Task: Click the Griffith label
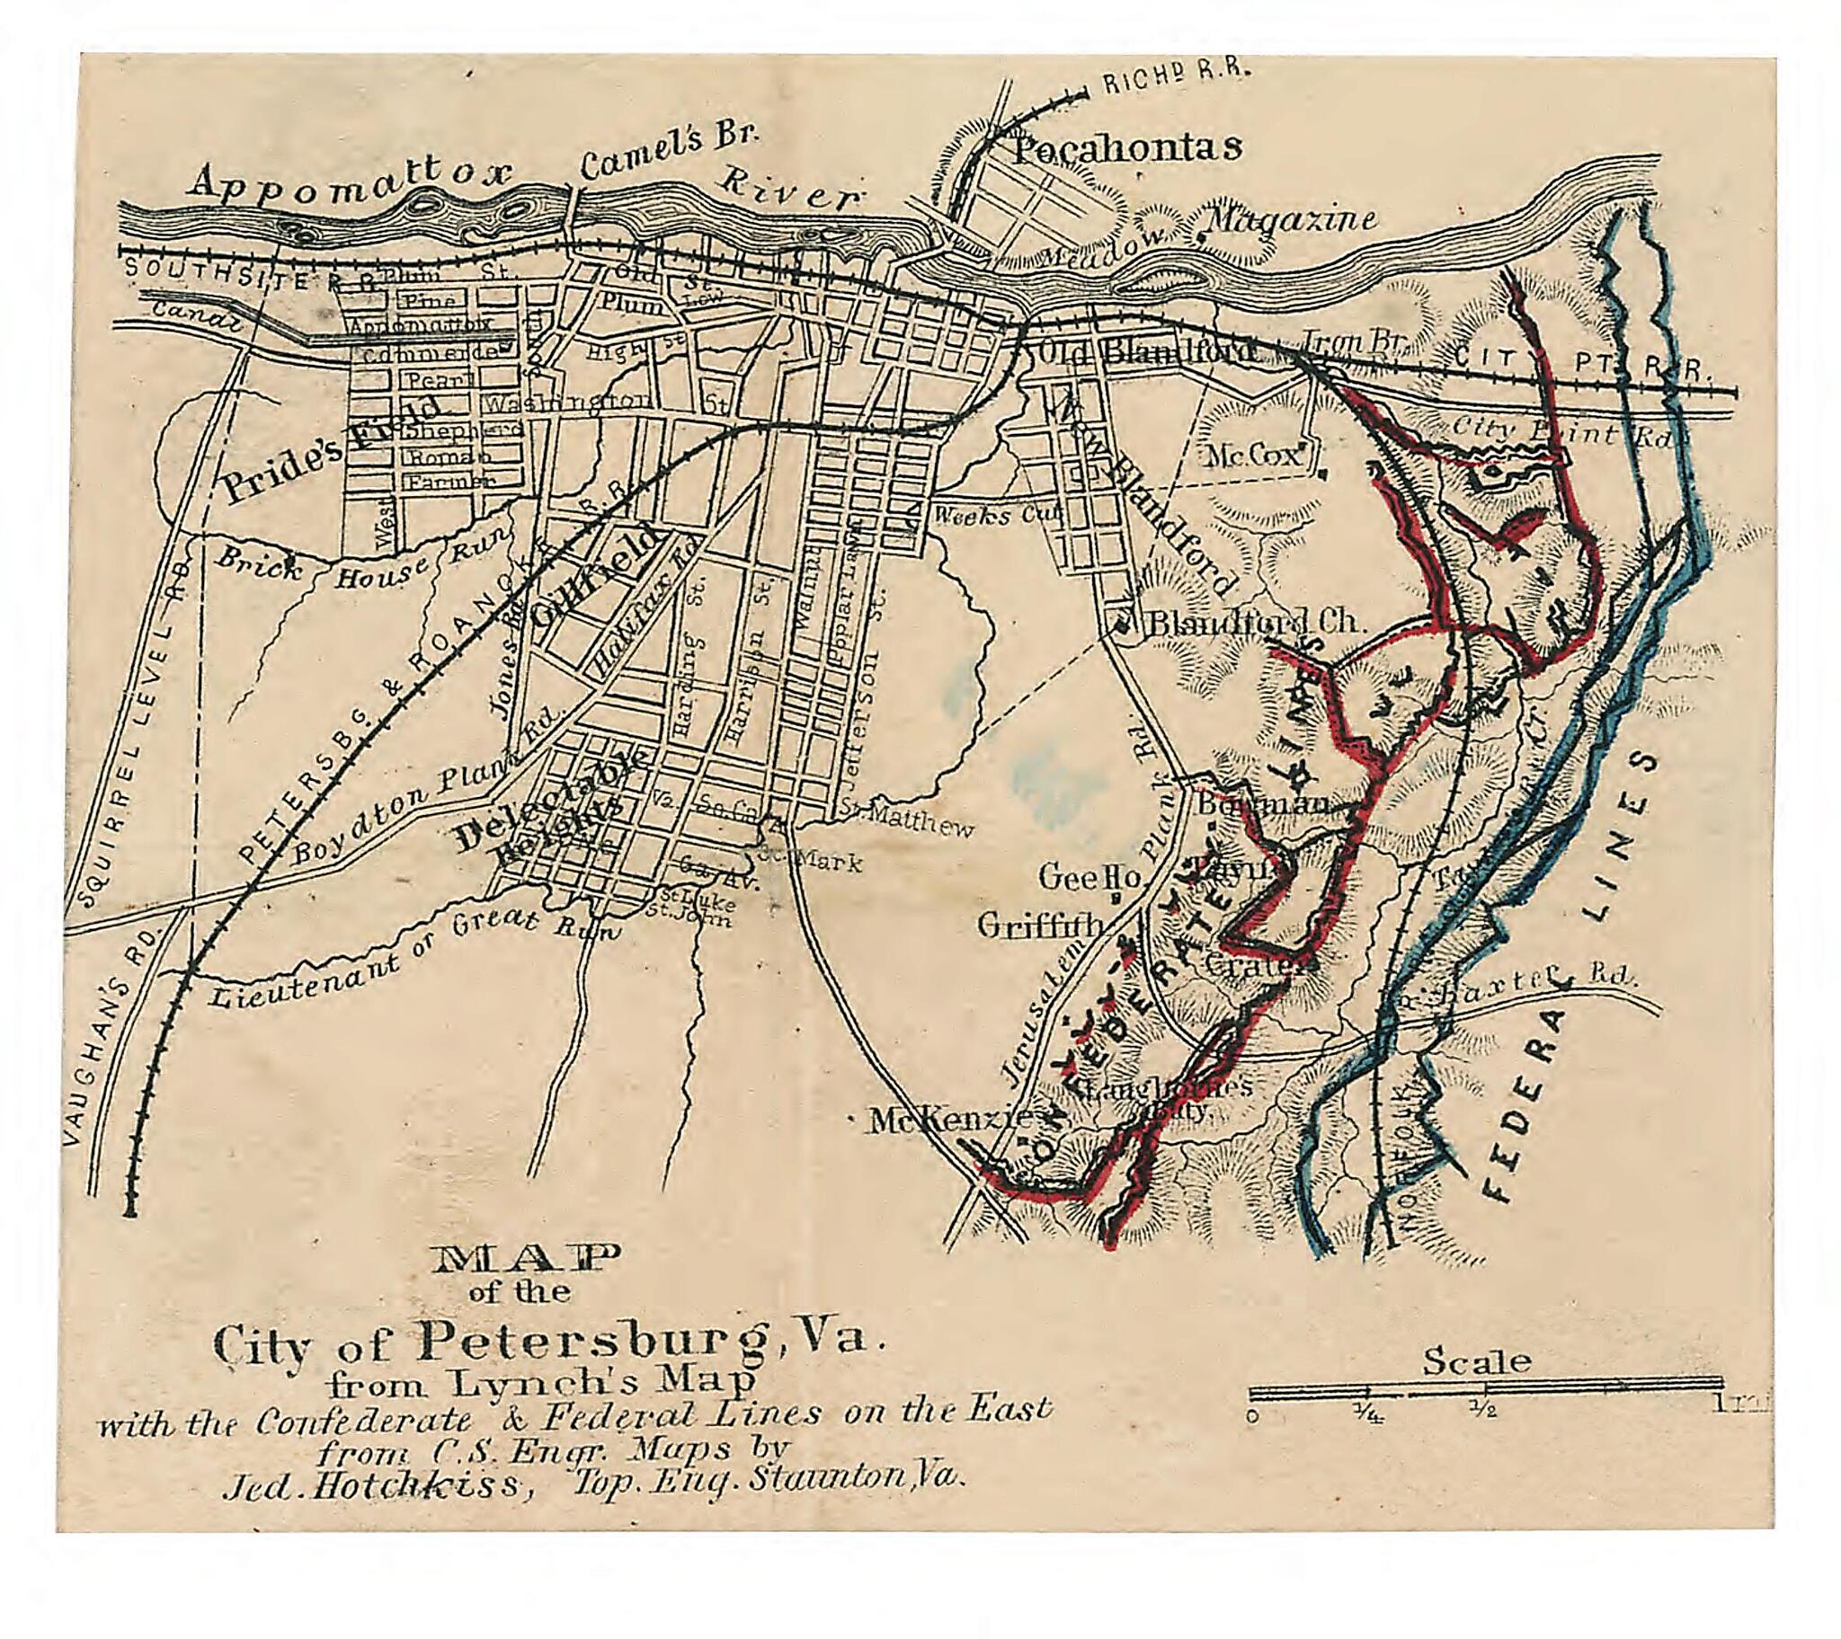pos(1040,925)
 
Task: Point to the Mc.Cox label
pos(1257,455)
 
